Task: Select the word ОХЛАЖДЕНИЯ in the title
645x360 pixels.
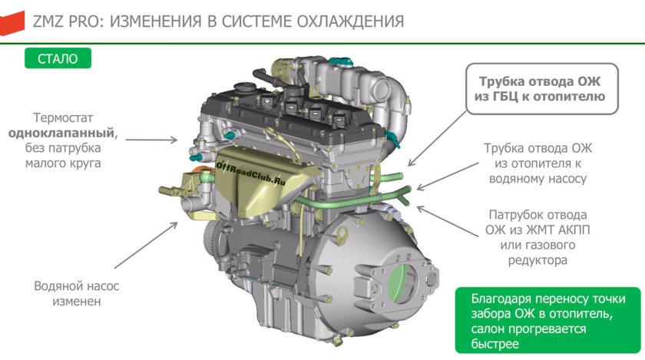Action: click(x=346, y=21)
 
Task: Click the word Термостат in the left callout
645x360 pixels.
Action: click(x=64, y=117)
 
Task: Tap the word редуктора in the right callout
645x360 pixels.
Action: click(x=537, y=260)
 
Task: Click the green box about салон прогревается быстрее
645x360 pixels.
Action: click(x=541, y=321)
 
